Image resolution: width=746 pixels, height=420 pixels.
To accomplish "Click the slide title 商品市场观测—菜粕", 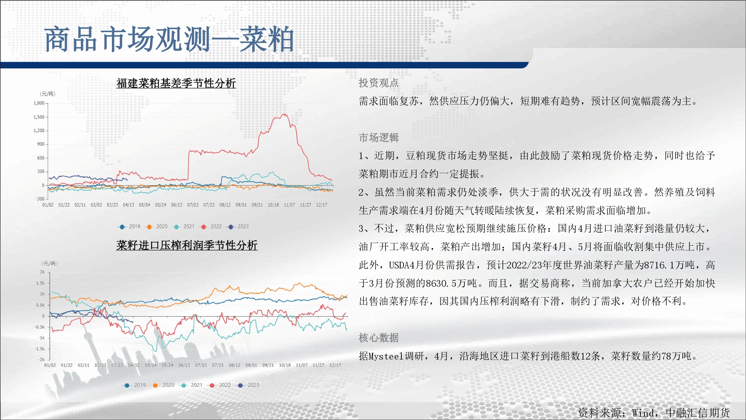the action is [169, 39].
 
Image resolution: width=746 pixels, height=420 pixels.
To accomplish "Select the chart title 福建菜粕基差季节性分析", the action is [176, 83].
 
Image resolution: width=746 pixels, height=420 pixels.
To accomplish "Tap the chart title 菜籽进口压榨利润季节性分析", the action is [187, 245].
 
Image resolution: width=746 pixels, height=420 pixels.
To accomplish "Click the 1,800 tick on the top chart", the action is [39, 103].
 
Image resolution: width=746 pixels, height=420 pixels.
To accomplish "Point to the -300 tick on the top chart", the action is [40, 199].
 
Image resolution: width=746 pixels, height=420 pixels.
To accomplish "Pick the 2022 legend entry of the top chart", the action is [211, 227].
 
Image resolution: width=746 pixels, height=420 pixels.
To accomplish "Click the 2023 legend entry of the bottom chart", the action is [248, 385].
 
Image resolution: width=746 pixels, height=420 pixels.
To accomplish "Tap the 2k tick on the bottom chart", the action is [42, 272].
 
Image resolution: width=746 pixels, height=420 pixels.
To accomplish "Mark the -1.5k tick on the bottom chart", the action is [40, 349].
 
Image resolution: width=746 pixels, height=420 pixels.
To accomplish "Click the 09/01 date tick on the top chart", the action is [241, 205].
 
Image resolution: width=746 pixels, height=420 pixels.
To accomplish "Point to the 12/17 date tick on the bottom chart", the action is [335, 365].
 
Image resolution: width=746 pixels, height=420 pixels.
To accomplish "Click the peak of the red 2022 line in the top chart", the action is [285, 114].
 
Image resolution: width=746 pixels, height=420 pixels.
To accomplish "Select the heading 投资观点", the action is [379, 83].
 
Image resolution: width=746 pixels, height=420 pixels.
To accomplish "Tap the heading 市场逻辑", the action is [379, 138].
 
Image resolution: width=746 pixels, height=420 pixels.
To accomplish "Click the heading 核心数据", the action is [379, 338].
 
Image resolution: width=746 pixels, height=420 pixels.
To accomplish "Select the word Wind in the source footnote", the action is [643, 413].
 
